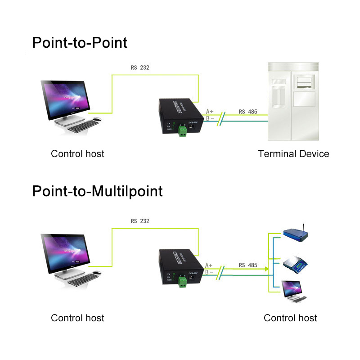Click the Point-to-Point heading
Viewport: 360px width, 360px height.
tap(80, 43)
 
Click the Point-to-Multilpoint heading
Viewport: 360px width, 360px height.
tap(97, 191)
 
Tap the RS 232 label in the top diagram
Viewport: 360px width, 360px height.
tap(139, 67)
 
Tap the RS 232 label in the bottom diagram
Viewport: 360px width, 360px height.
tap(139, 221)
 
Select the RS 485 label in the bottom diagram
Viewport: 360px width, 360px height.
tap(248, 265)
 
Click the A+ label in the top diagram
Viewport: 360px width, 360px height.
tap(210, 111)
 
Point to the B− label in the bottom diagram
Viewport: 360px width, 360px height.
tap(209, 272)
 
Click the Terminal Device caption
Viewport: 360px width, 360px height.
tap(293, 154)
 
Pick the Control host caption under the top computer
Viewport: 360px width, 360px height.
tap(77, 154)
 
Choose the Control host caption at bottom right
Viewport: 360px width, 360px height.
tap(290, 318)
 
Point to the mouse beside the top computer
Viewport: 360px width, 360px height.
tap(97, 119)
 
